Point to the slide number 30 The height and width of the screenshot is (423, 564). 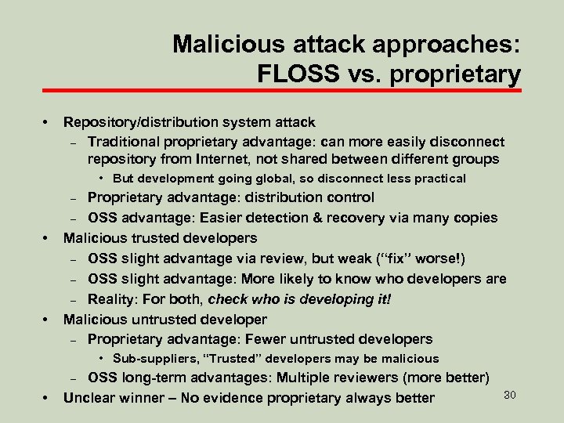tap(509, 394)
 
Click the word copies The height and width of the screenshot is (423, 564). tap(474, 217)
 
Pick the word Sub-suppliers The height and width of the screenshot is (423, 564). tap(154, 359)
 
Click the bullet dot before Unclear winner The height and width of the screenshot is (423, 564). tap(46, 398)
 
